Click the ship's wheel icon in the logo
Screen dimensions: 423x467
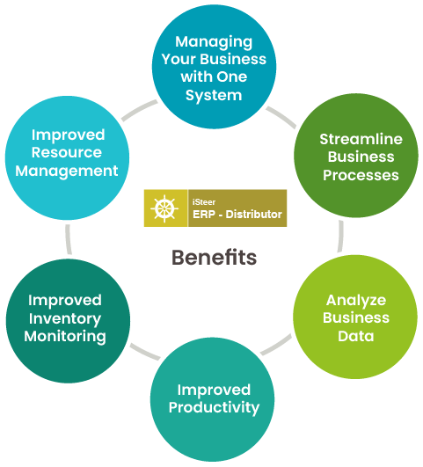coord(164,208)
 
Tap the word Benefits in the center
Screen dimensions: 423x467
coord(214,258)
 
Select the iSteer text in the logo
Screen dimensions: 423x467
coord(204,202)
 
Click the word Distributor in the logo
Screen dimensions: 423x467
coord(253,214)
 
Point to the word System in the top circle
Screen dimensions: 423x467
coord(214,96)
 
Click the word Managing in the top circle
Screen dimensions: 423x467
coord(214,42)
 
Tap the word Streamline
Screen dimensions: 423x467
coord(361,139)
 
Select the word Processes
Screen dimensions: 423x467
coord(361,175)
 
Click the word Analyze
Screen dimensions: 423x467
coord(356,300)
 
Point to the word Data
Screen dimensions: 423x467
coord(356,336)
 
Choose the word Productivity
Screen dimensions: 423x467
coord(214,408)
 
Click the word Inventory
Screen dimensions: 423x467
coord(65,318)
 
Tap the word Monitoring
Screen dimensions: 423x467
coord(65,337)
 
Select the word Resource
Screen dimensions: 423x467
coord(67,152)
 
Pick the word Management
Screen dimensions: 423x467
coord(67,171)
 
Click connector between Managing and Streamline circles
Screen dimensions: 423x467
coord(281,117)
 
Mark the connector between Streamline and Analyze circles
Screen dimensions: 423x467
coord(340,237)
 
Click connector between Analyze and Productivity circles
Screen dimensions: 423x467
coord(276,345)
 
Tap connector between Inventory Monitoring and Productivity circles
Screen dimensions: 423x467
coord(145,352)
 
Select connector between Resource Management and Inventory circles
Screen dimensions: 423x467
coord(69,239)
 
